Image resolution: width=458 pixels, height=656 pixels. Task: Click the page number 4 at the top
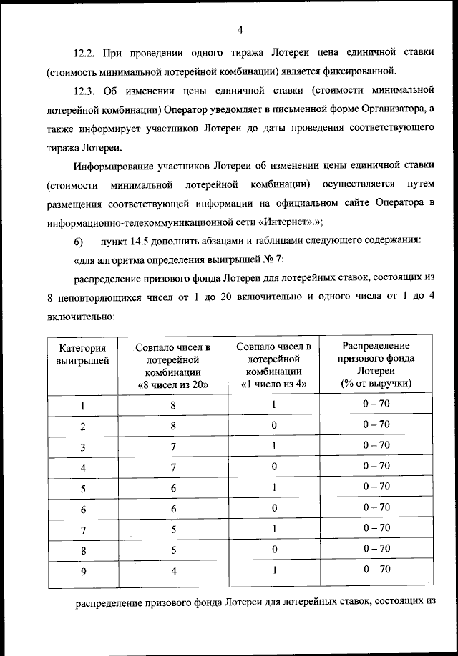[240, 29]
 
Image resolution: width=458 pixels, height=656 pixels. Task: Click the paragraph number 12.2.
[87, 54]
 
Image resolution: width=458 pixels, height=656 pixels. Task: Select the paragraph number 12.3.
[87, 91]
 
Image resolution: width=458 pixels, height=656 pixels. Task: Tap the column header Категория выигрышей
[83, 354]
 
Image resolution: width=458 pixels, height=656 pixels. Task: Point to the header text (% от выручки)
[376, 384]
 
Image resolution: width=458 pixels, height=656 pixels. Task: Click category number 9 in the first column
[83, 571]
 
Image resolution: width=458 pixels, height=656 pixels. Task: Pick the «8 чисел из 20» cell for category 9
[172, 571]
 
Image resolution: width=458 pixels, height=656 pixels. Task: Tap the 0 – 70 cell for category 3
[376, 445]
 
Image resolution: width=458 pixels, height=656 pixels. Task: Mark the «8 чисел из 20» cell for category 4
[172, 467]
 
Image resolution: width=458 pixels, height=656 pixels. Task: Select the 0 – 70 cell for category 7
[376, 528]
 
